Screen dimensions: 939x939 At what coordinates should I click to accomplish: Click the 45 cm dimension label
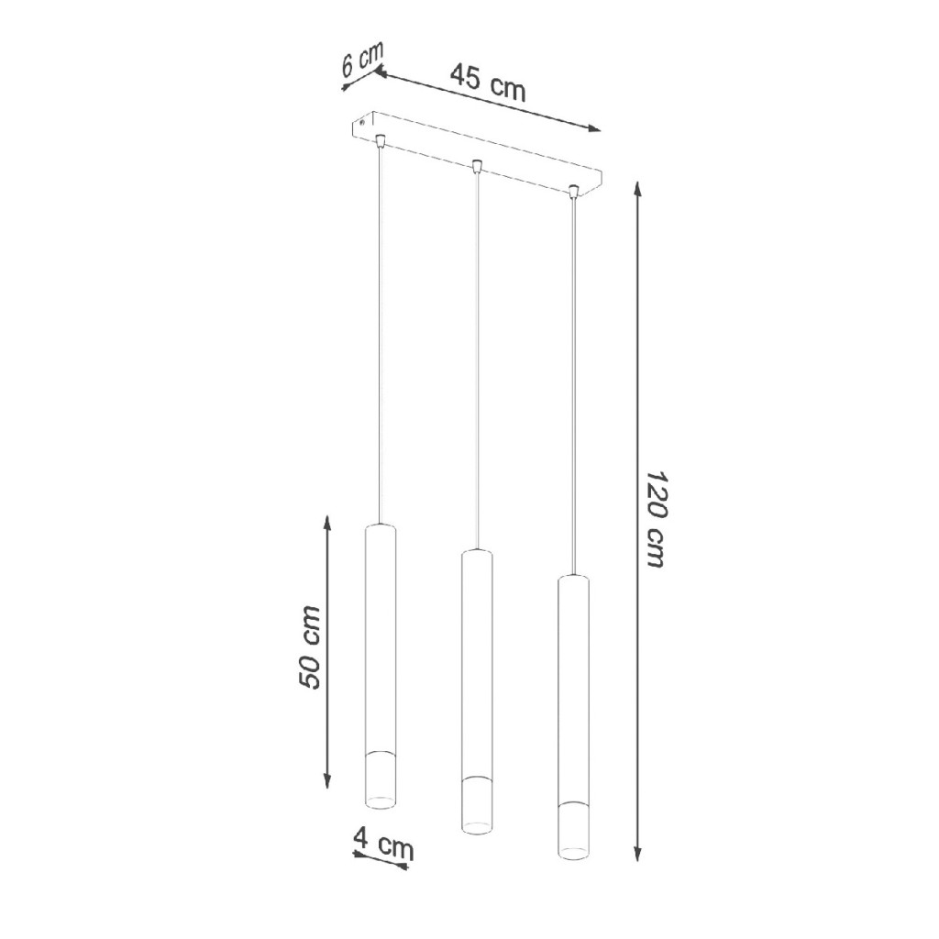pyautogui.click(x=488, y=83)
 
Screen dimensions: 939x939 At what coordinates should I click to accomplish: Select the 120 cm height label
pyautogui.click(x=657, y=519)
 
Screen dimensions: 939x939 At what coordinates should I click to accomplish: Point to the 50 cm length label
pyautogui.click(x=310, y=646)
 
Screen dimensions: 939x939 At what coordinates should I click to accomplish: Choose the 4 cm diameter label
pyautogui.click(x=383, y=842)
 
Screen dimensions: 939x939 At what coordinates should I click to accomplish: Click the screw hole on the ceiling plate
pyautogui.click(x=362, y=124)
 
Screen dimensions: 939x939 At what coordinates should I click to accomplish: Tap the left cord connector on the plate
pyautogui.click(x=379, y=141)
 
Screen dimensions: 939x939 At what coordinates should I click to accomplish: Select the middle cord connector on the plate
pyautogui.click(x=477, y=166)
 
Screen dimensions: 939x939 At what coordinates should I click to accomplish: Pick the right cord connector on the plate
pyautogui.click(x=574, y=193)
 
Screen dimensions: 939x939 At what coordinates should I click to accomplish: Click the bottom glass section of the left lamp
pyautogui.click(x=381, y=779)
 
